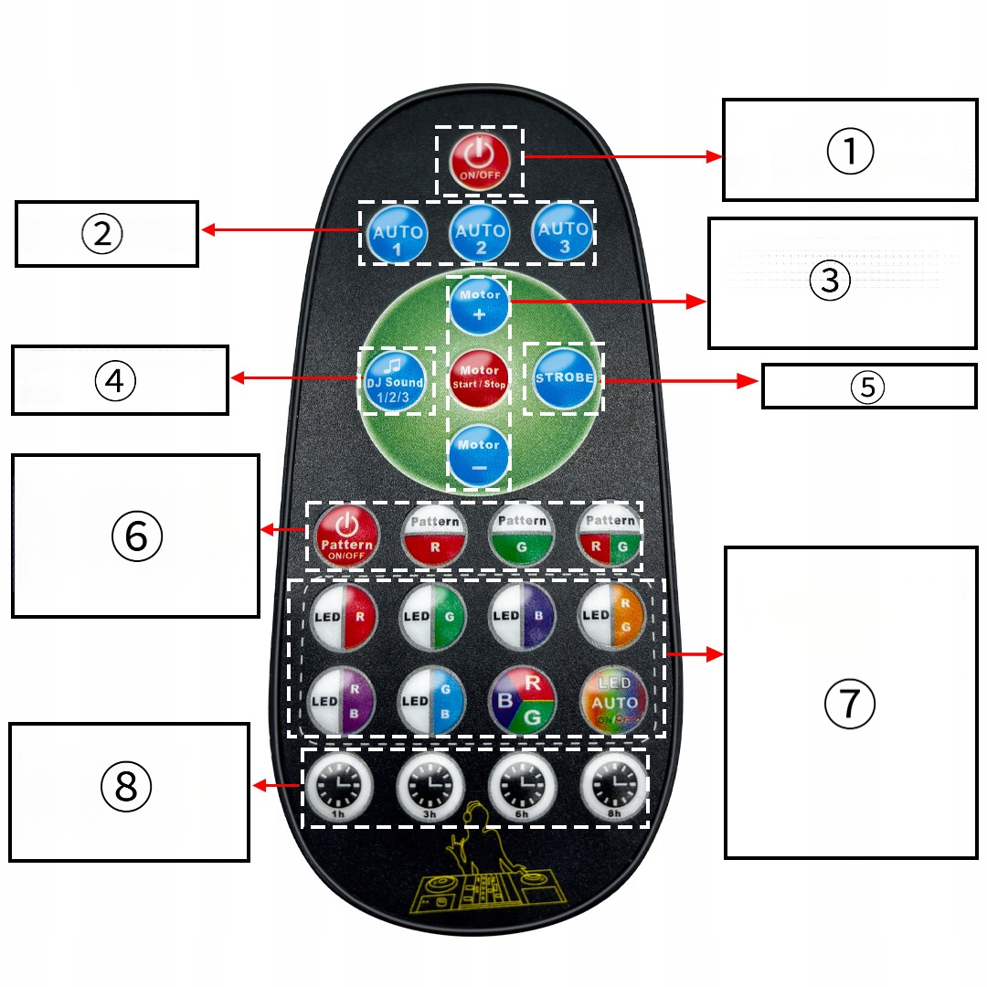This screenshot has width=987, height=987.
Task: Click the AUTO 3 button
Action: coord(562,234)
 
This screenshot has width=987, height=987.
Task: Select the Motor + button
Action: coord(480,303)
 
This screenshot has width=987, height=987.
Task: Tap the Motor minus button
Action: coord(480,453)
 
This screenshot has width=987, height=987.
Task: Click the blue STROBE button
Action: coord(564,378)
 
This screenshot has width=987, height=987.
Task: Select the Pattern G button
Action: coord(522,536)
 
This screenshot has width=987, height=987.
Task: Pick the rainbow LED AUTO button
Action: coord(613,701)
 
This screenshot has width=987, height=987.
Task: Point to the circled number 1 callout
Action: coord(850,152)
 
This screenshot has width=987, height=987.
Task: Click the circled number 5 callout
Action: coord(867,387)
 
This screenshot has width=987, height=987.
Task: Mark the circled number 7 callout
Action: coord(850,704)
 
